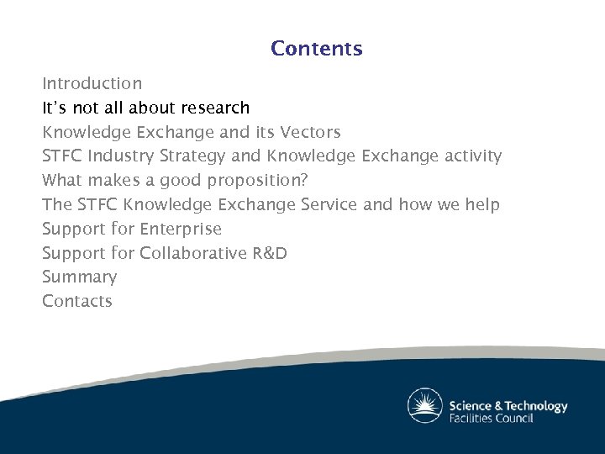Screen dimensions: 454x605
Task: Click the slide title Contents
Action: tap(316, 49)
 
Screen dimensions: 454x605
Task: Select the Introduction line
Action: tap(92, 84)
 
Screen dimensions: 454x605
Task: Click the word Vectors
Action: tap(310, 133)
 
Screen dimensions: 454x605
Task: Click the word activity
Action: tap(471, 156)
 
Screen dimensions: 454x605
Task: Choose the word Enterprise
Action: tap(181, 229)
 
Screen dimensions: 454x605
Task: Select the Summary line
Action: tap(80, 277)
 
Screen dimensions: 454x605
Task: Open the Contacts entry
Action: tap(77, 302)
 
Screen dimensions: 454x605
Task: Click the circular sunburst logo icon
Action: tap(425, 406)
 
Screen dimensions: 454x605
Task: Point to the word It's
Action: tap(55, 108)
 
